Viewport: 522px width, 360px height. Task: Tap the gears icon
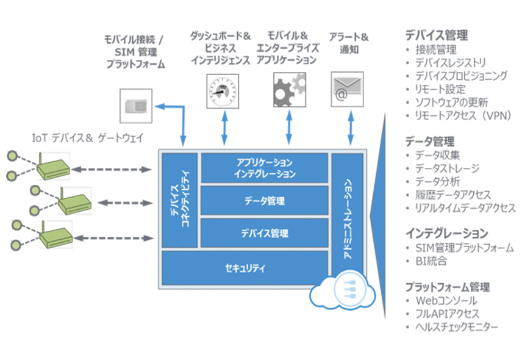coord(289,90)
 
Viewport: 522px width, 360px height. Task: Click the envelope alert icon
coord(346,91)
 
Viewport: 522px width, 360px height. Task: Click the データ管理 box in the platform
coord(263,201)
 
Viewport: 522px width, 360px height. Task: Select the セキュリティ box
coord(245,267)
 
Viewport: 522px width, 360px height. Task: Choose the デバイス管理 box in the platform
coord(263,233)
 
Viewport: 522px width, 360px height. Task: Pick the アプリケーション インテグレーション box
coord(263,168)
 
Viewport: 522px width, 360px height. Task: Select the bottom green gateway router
coord(55,235)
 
